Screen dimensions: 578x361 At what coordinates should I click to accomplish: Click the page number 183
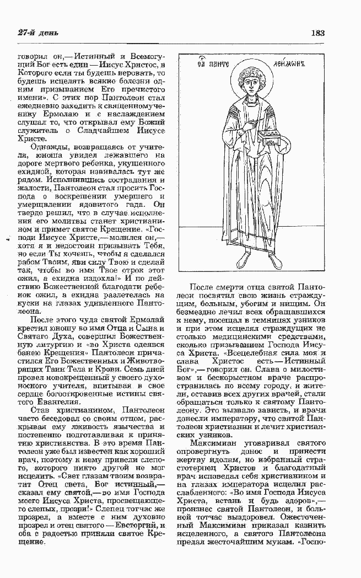[x=317, y=33]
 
